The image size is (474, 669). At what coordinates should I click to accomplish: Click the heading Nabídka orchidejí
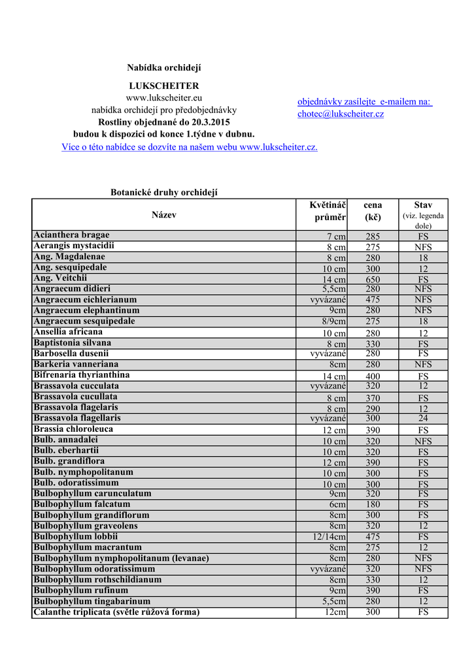coord(163,68)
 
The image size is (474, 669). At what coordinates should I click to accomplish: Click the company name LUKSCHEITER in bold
coord(163,86)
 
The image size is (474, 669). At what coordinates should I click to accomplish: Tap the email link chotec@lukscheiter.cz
coord(341,114)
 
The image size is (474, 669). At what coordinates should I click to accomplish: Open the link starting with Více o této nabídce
coord(190,147)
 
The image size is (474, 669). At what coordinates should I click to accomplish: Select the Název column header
coord(163,214)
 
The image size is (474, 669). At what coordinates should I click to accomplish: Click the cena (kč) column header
coord(373,211)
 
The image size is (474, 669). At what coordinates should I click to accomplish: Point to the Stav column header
coord(423,205)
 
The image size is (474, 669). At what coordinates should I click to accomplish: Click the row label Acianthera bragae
coord(72,235)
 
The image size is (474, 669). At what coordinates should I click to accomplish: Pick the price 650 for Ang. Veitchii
coord(373,280)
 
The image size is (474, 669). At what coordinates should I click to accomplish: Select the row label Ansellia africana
coord(68,332)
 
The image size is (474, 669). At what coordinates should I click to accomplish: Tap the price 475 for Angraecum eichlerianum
coord(373,300)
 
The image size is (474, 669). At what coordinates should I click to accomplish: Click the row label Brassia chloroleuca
coord(73,429)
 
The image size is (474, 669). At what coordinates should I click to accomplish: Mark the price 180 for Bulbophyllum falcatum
coord(373,505)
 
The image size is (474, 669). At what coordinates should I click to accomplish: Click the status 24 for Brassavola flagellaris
coord(423,419)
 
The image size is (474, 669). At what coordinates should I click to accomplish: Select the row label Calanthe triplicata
coord(116,612)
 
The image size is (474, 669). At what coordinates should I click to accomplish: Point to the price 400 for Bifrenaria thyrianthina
coord(373,377)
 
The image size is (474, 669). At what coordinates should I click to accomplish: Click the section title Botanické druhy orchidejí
coord(163,192)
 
